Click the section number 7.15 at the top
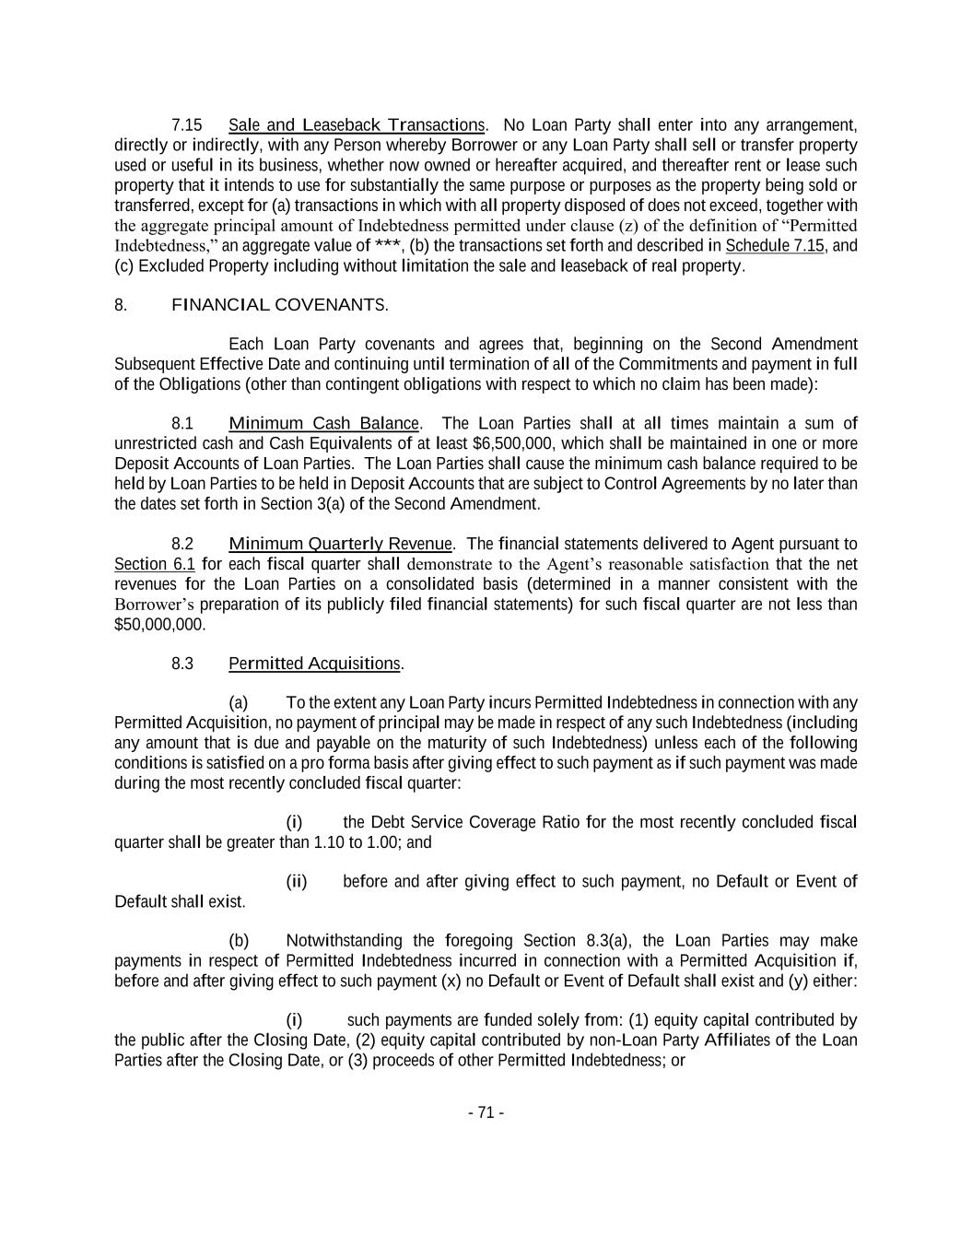187,124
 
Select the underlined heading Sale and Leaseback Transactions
356,124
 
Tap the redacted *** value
387,246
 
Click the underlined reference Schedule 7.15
775,246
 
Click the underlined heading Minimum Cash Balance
323,423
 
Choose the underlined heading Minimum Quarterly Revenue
340,544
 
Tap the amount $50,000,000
160,624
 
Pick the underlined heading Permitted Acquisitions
314,664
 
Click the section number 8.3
182,664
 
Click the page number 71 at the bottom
486,1112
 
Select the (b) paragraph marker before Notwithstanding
239,941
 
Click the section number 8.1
182,423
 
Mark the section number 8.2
182,544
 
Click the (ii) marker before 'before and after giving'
296,882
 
